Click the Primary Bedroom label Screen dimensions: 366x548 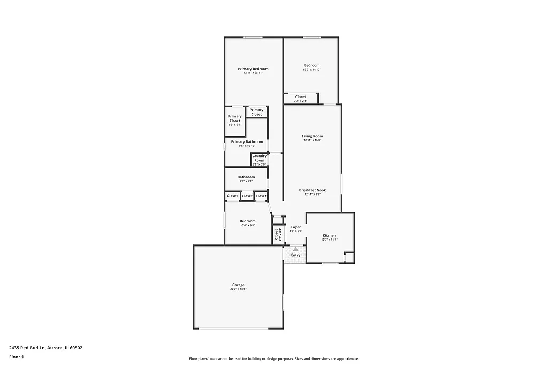click(253, 69)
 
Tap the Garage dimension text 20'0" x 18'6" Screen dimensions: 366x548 click(238, 289)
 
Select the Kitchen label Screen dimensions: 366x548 click(329, 236)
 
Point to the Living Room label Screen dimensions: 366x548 click(312, 136)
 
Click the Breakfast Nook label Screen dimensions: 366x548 click(312, 190)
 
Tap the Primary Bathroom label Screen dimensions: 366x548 click(247, 142)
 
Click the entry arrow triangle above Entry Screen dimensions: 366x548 click(295, 249)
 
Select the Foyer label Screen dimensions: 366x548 click(296, 227)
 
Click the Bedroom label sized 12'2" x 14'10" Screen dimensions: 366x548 click(311, 65)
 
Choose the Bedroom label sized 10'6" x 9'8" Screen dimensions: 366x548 click(247, 221)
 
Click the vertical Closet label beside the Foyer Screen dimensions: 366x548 click(277, 234)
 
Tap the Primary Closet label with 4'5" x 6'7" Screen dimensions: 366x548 click(234, 118)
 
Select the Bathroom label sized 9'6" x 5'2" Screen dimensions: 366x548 click(246, 177)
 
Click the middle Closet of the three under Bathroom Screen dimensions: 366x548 click(247, 196)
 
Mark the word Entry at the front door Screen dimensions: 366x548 click(295, 255)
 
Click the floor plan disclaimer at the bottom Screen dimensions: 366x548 click(273, 359)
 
